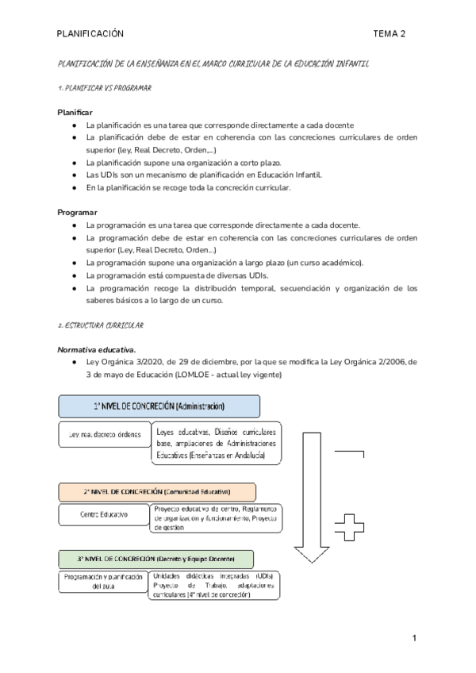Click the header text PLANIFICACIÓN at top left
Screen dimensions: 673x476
coord(90,33)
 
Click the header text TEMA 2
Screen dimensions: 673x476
coord(390,33)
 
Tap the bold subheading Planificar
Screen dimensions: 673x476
coord(75,112)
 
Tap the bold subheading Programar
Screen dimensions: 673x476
coord(78,213)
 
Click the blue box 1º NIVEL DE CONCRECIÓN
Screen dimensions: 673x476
coord(159,406)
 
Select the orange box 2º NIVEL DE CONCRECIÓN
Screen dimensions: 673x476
coord(156,491)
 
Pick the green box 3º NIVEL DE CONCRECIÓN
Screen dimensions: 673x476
coord(155,558)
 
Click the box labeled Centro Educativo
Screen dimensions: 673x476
coord(103,515)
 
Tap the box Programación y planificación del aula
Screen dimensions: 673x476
coord(103,582)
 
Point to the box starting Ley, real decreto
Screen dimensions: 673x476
coord(103,435)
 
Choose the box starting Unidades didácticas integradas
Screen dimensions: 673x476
coord(214,586)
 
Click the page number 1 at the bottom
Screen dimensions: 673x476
coord(414,639)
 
